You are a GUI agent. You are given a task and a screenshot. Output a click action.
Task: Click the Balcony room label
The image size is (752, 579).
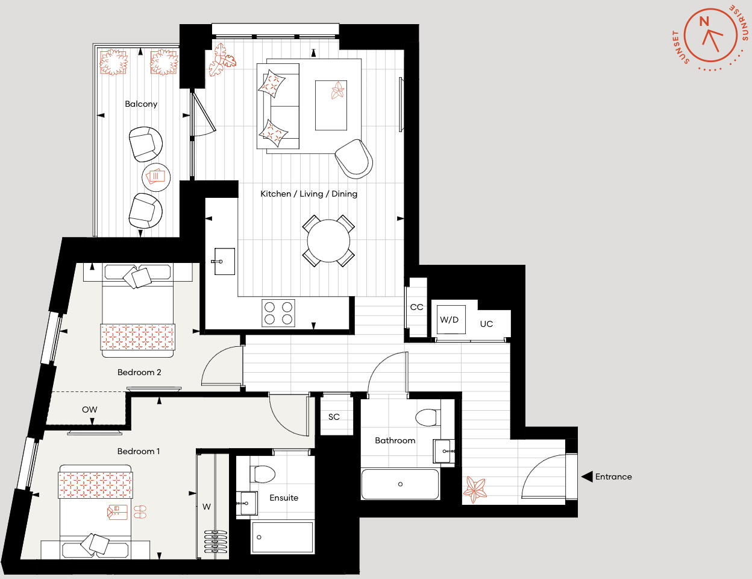pos(141,104)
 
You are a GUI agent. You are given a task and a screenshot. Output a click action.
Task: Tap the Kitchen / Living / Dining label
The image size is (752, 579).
pos(309,194)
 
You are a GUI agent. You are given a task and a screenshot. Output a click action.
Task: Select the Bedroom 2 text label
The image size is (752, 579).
pos(139,372)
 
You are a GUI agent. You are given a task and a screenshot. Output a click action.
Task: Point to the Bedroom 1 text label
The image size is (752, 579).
pos(139,451)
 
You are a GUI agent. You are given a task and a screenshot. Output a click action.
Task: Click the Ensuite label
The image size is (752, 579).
pos(284,498)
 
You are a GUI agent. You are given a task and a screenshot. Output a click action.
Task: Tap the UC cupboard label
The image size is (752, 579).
pos(486,324)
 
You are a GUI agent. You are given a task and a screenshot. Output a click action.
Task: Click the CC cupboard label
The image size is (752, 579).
pos(416,307)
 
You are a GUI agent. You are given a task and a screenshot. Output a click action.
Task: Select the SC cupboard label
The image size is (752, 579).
pos(334,417)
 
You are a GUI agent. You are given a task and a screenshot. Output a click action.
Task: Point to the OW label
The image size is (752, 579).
pos(89,410)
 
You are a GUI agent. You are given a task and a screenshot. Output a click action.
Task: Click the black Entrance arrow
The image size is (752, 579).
pos(587,476)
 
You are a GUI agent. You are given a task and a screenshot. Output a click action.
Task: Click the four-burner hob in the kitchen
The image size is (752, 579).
pos(278,313)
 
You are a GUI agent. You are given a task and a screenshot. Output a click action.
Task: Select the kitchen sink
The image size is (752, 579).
pos(224,261)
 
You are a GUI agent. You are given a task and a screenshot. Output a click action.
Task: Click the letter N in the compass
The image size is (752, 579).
pos(704,22)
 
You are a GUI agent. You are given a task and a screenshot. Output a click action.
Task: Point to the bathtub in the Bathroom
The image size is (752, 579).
pos(400,484)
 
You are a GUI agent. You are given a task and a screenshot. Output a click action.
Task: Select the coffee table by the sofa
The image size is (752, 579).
pos(331,105)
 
